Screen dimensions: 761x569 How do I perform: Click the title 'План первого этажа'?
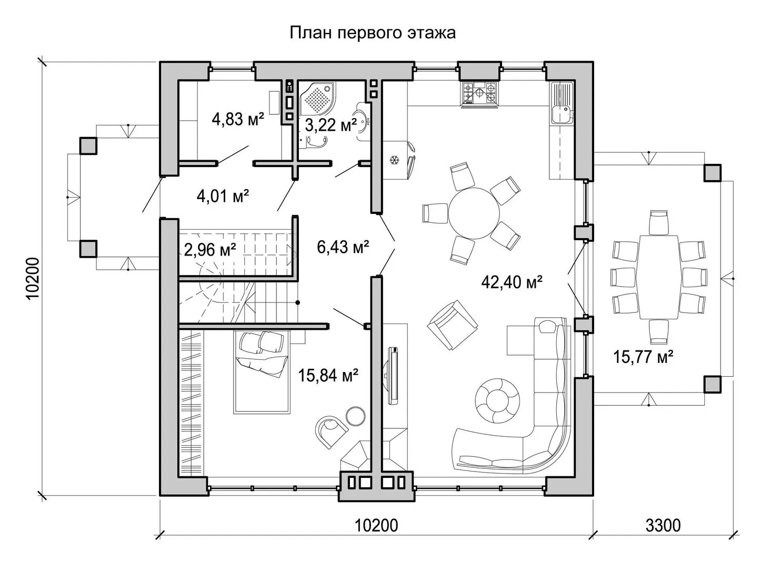tap(373, 33)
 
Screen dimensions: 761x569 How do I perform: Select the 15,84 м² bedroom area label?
tap(328, 375)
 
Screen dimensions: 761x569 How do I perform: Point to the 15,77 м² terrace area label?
tap(643, 357)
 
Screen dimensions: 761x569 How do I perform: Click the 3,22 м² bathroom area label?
tap(331, 124)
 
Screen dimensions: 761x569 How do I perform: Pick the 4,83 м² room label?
tap(238, 120)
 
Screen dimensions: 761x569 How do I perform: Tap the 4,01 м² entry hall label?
tap(223, 196)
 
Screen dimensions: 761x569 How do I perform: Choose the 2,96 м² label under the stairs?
tap(210, 249)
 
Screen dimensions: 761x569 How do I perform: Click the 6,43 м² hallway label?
tap(343, 247)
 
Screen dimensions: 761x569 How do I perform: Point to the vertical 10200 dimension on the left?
tap(33, 279)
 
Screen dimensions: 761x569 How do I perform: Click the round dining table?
tap(474, 213)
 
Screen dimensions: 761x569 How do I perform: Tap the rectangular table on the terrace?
tap(658, 277)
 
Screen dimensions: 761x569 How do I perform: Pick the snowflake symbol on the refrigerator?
tap(394, 160)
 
